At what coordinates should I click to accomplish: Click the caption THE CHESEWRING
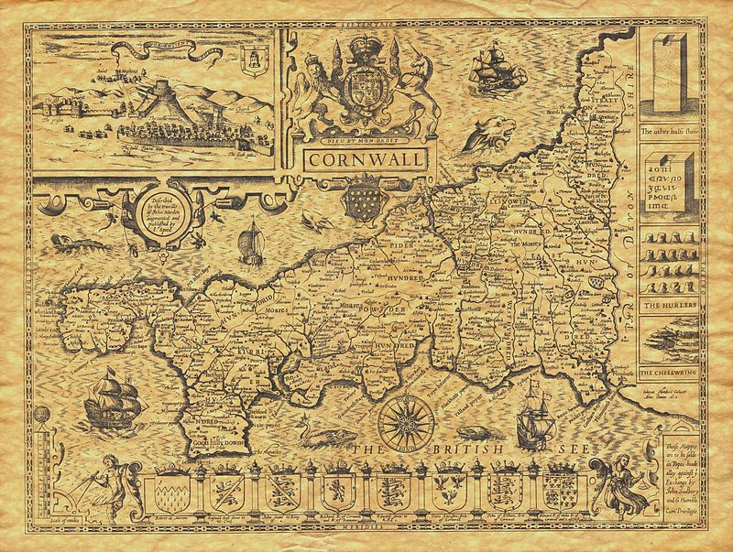675,374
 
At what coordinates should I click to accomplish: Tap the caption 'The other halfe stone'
676,133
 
